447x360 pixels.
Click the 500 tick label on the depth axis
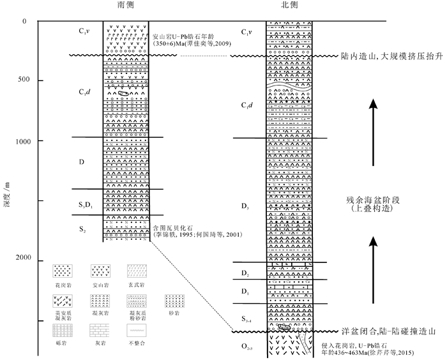point(26,80)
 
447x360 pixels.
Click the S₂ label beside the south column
point(81,229)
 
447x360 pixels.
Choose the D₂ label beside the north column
point(246,274)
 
